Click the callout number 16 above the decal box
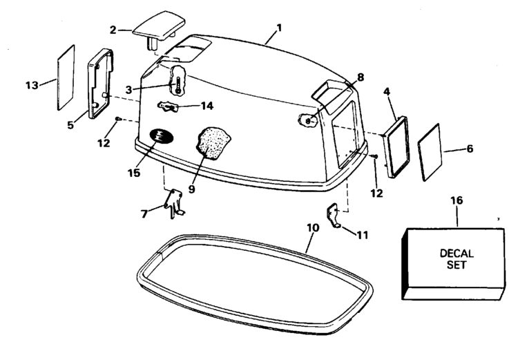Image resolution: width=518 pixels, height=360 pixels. (x=457, y=200)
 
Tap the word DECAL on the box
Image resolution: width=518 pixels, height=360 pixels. (x=457, y=254)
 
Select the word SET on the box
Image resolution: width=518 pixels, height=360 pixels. (x=457, y=265)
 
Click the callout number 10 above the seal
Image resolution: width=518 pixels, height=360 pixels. (x=313, y=228)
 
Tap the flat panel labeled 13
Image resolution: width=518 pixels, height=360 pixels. (x=66, y=77)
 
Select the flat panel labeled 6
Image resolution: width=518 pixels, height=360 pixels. (x=430, y=152)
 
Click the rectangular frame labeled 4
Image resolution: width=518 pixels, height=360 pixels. (x=396, y=146)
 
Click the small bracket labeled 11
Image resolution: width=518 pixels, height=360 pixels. (x=334, y=215)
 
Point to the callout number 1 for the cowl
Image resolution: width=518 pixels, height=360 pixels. (x=280, y=28)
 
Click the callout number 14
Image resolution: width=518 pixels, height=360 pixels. (x=207, y=106)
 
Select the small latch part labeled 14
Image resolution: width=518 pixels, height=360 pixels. (x=167, y=107)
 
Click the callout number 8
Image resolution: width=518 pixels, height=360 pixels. (x=361, y=77)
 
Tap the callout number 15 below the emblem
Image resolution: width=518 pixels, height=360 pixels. (x=134, y=173)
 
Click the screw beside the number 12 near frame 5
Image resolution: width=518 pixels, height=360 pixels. (x=118, y=118)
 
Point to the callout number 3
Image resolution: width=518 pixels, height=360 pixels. (x=129, y=90)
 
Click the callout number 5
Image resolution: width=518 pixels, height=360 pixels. (x=70, y=125)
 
